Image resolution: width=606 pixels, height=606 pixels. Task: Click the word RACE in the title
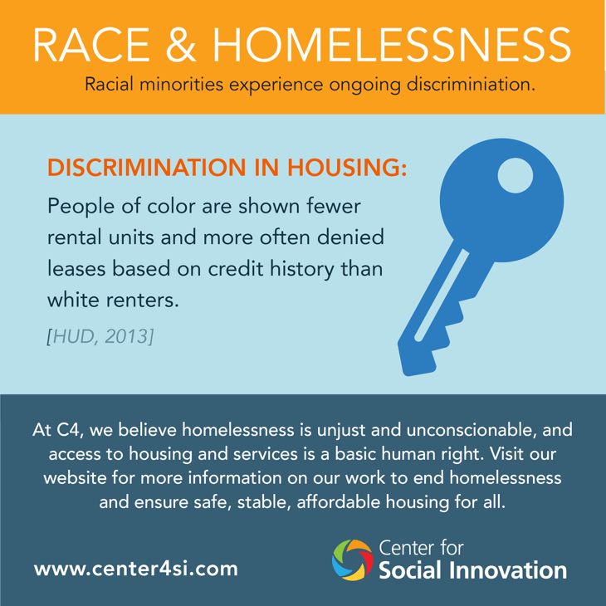[91, 45]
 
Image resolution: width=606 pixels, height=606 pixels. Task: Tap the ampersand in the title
[181, 45]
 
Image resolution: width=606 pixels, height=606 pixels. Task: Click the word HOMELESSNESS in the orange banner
[392, 45]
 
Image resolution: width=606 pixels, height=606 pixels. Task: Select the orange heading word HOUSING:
[347, 168]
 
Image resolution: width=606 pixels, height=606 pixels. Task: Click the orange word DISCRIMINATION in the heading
[146, 168]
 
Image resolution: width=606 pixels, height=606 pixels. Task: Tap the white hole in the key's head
[516, 175]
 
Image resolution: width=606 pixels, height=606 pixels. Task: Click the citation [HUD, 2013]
[100, 336]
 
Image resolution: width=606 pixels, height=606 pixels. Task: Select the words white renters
[113, 301]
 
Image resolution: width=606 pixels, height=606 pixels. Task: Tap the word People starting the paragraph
[81, 207]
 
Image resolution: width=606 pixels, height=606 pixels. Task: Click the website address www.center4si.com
[136, 569]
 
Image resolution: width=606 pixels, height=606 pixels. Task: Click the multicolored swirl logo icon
[353, 560]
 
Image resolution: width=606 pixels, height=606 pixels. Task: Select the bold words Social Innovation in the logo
[472, 570]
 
